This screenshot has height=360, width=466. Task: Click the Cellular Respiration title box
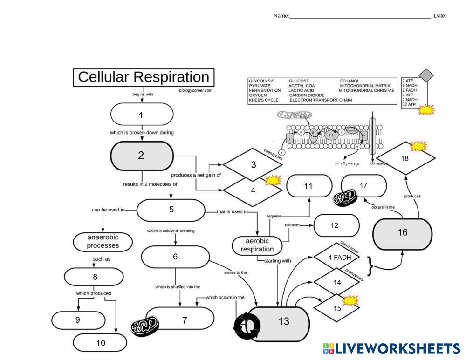point(144,77)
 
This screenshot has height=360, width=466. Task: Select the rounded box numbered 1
point(142,115)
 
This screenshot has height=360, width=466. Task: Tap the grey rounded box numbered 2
point(142,156)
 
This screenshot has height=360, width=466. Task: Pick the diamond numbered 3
point(253,164)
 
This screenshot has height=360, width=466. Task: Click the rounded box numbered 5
point(171,210)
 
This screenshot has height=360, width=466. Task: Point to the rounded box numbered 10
point(100,343)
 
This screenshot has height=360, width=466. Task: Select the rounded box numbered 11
point(308,186)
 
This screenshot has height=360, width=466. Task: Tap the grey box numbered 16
point(403,232)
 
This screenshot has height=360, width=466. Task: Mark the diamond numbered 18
point(404,159)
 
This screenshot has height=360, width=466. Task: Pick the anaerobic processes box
point(103,241)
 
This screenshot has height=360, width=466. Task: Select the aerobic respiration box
point(257,245)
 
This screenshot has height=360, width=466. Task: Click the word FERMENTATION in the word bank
point(265,90)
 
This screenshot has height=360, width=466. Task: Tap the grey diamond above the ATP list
point(425,75)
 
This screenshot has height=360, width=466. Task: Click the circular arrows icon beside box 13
point(246,325)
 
